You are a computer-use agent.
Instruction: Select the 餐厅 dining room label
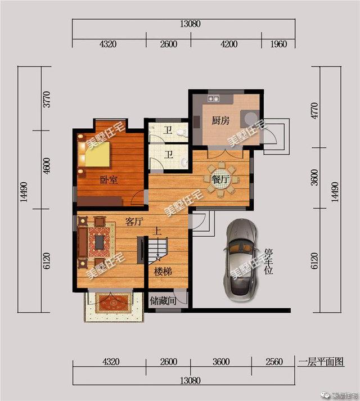(221, 179)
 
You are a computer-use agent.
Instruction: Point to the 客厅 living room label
(134, 223)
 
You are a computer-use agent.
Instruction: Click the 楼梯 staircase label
(163, 271)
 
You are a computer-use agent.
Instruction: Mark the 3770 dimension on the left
(48, 98)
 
